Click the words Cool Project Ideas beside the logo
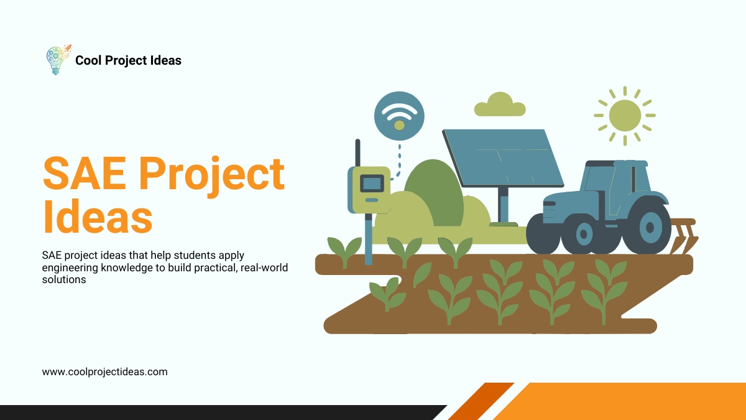tap(128, 60)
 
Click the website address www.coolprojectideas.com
tap(104, 372)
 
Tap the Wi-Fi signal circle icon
tap(399, 116)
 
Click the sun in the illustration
tap(624, 115)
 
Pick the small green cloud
tap(499, 105)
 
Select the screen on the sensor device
tap(372, 183)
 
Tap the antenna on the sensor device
tap(357, 153)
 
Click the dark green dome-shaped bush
tap(435, 193)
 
